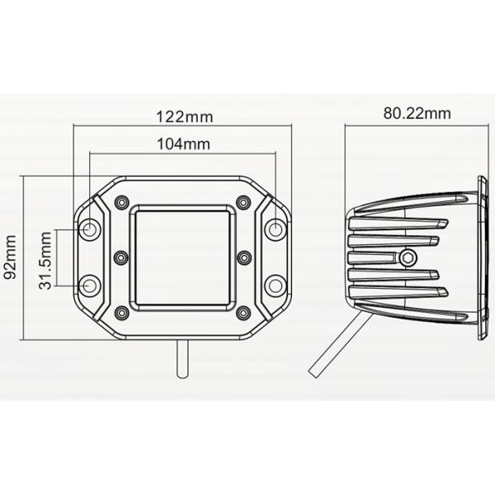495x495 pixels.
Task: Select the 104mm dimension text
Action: [182, 144]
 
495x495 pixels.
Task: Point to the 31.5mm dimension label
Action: [45, 258]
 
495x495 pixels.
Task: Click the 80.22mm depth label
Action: [416, 114]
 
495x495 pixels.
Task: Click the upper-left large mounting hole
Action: [90, 229]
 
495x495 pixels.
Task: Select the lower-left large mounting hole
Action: [90, 285]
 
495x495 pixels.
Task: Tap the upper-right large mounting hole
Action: [275, 229]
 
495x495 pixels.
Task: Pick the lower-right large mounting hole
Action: [275, 285]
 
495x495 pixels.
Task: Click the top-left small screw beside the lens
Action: [122, 203]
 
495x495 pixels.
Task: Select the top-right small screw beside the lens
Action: [243, 203]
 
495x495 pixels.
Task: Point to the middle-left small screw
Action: [121, 257]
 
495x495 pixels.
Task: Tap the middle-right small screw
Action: [243, 257]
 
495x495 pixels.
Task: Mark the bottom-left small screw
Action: [122, 313]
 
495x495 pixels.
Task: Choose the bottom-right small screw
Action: [243, 313]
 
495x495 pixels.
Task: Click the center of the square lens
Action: [182, 257]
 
